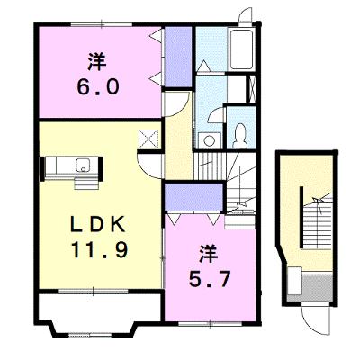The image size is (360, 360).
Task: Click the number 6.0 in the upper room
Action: click(x=98, y=87)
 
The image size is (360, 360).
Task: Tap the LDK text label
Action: click(x=97, y=225)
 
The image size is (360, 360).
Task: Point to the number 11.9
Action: click(x=100, y=250)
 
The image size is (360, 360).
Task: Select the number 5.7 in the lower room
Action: click(x=210, y=279)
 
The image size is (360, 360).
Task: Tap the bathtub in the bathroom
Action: click(x=242, y=49)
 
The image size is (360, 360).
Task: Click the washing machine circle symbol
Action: click(x=208, y=140)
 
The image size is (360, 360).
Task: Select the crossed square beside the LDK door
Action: click(x=148, y=139)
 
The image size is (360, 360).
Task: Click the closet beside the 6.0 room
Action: click(x=178, y=57)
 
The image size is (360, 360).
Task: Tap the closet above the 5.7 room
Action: click(x=193, y=197)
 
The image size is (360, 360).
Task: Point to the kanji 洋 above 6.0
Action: click(x=97, y=62)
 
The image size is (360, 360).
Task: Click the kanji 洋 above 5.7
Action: click(x=209, y=254)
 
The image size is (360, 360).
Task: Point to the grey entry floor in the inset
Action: click(x=317, y=287)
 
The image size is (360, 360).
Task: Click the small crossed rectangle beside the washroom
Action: click(x=252, y=89)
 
